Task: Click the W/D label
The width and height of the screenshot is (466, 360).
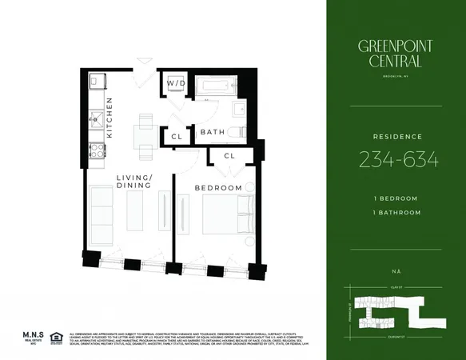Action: pos(174,83)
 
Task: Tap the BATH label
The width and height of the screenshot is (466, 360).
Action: pos(212,132)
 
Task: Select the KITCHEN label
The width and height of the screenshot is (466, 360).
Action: pos(110,118)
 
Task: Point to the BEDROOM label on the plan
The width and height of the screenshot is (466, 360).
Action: pos(218,187)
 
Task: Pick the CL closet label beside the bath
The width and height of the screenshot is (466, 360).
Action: pos(176,138)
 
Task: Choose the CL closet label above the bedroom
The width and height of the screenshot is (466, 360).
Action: pos(229,155)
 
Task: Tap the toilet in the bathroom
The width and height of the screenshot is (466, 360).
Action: pos(237,131)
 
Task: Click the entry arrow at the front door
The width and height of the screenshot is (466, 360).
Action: pos(144,61)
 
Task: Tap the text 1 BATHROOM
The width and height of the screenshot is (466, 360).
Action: pos(395,211)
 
